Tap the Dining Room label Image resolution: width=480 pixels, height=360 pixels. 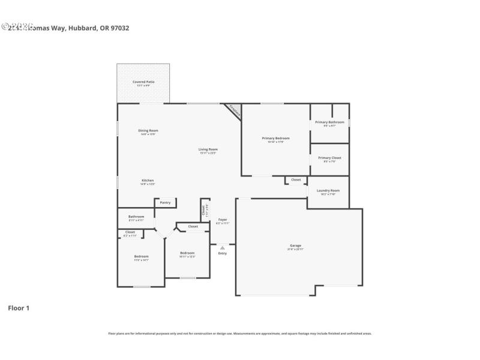(x=148, y=131)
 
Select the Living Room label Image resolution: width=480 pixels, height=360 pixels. (x=208, y=149)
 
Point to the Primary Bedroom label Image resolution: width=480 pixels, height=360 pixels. (x=276, y=139)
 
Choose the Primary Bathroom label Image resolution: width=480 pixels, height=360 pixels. (x=329, y=122)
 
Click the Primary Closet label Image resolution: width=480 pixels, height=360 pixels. (x=329, y=158)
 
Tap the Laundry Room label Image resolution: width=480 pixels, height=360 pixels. (x=328, y=191)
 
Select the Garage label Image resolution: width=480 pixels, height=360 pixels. (x=295, y=246)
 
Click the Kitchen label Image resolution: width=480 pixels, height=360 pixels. (x=148, y=181)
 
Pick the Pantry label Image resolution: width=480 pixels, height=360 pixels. (x=165, y=203)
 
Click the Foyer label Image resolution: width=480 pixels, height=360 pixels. (x=223, y=220)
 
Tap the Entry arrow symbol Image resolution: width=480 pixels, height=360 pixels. (x=223, y=247)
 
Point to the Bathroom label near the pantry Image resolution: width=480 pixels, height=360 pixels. (x=136, y=217)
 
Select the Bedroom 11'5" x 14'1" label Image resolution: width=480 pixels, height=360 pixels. (x=141, y=257)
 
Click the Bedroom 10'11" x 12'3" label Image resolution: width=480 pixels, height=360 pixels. (x=187, y=253)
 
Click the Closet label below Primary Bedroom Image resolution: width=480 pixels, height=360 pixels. (x=296, y=179)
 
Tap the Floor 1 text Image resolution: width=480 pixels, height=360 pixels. (x=18, y=308)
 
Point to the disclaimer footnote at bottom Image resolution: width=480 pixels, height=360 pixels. (x=239, y=333)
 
